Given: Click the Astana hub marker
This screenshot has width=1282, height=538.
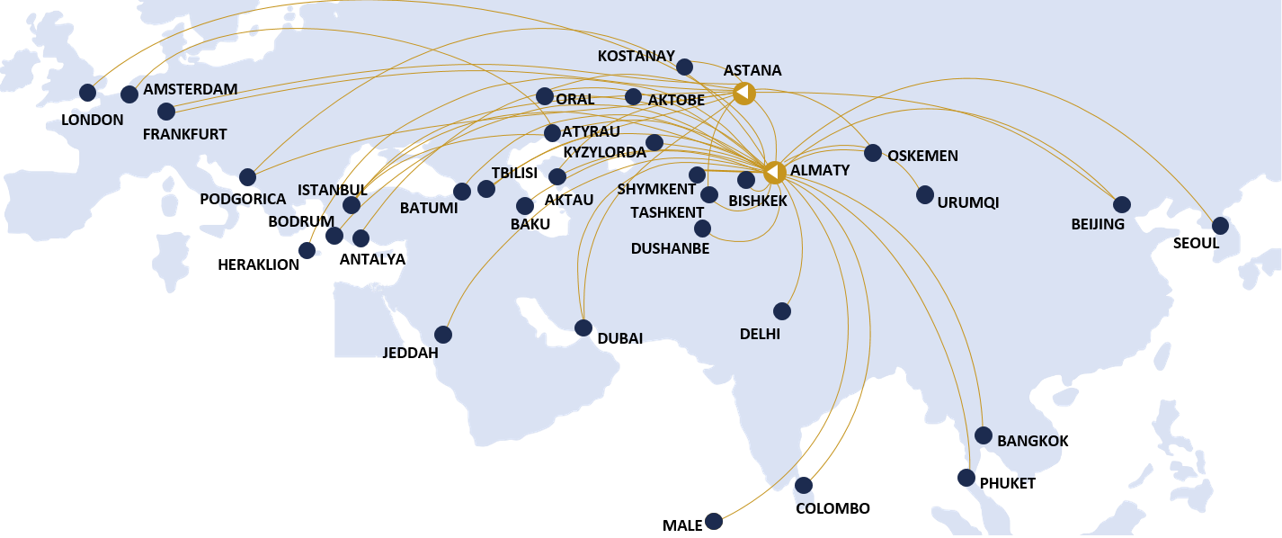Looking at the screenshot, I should click(743, 93).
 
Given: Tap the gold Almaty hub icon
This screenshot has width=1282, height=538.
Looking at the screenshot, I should click(774, 170).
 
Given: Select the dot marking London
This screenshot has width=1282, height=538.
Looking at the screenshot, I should click(87, 93).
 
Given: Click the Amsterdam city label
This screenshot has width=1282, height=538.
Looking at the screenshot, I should click(190, 89).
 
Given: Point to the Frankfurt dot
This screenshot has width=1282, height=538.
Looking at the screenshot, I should click(166, 112).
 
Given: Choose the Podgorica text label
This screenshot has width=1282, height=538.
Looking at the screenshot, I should click(243, 199).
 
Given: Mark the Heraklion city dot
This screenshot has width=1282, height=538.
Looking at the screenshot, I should click(307, 250).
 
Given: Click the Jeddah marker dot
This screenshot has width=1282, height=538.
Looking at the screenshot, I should click(443, 335).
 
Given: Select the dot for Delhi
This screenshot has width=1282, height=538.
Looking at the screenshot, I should click(782, 311).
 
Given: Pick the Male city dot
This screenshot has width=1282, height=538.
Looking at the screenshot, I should click(714, 521).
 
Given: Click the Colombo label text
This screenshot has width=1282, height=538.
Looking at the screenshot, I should click(832, 508).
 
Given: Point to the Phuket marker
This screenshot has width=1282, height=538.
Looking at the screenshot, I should click(966, 478).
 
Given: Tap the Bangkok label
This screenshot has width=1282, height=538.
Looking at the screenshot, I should click(1033, 441).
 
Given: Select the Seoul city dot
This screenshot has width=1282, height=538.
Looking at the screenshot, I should click(1220, 226).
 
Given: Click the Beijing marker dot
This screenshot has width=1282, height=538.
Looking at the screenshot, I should click(1122, 204).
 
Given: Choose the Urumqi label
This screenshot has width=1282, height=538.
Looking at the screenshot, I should click(967, 202).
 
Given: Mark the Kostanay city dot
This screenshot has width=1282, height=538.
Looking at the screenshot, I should click(684, 67).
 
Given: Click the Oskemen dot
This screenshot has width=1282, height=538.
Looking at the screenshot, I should click(873, 153).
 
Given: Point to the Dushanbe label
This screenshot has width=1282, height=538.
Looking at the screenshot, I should click(670, 248).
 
